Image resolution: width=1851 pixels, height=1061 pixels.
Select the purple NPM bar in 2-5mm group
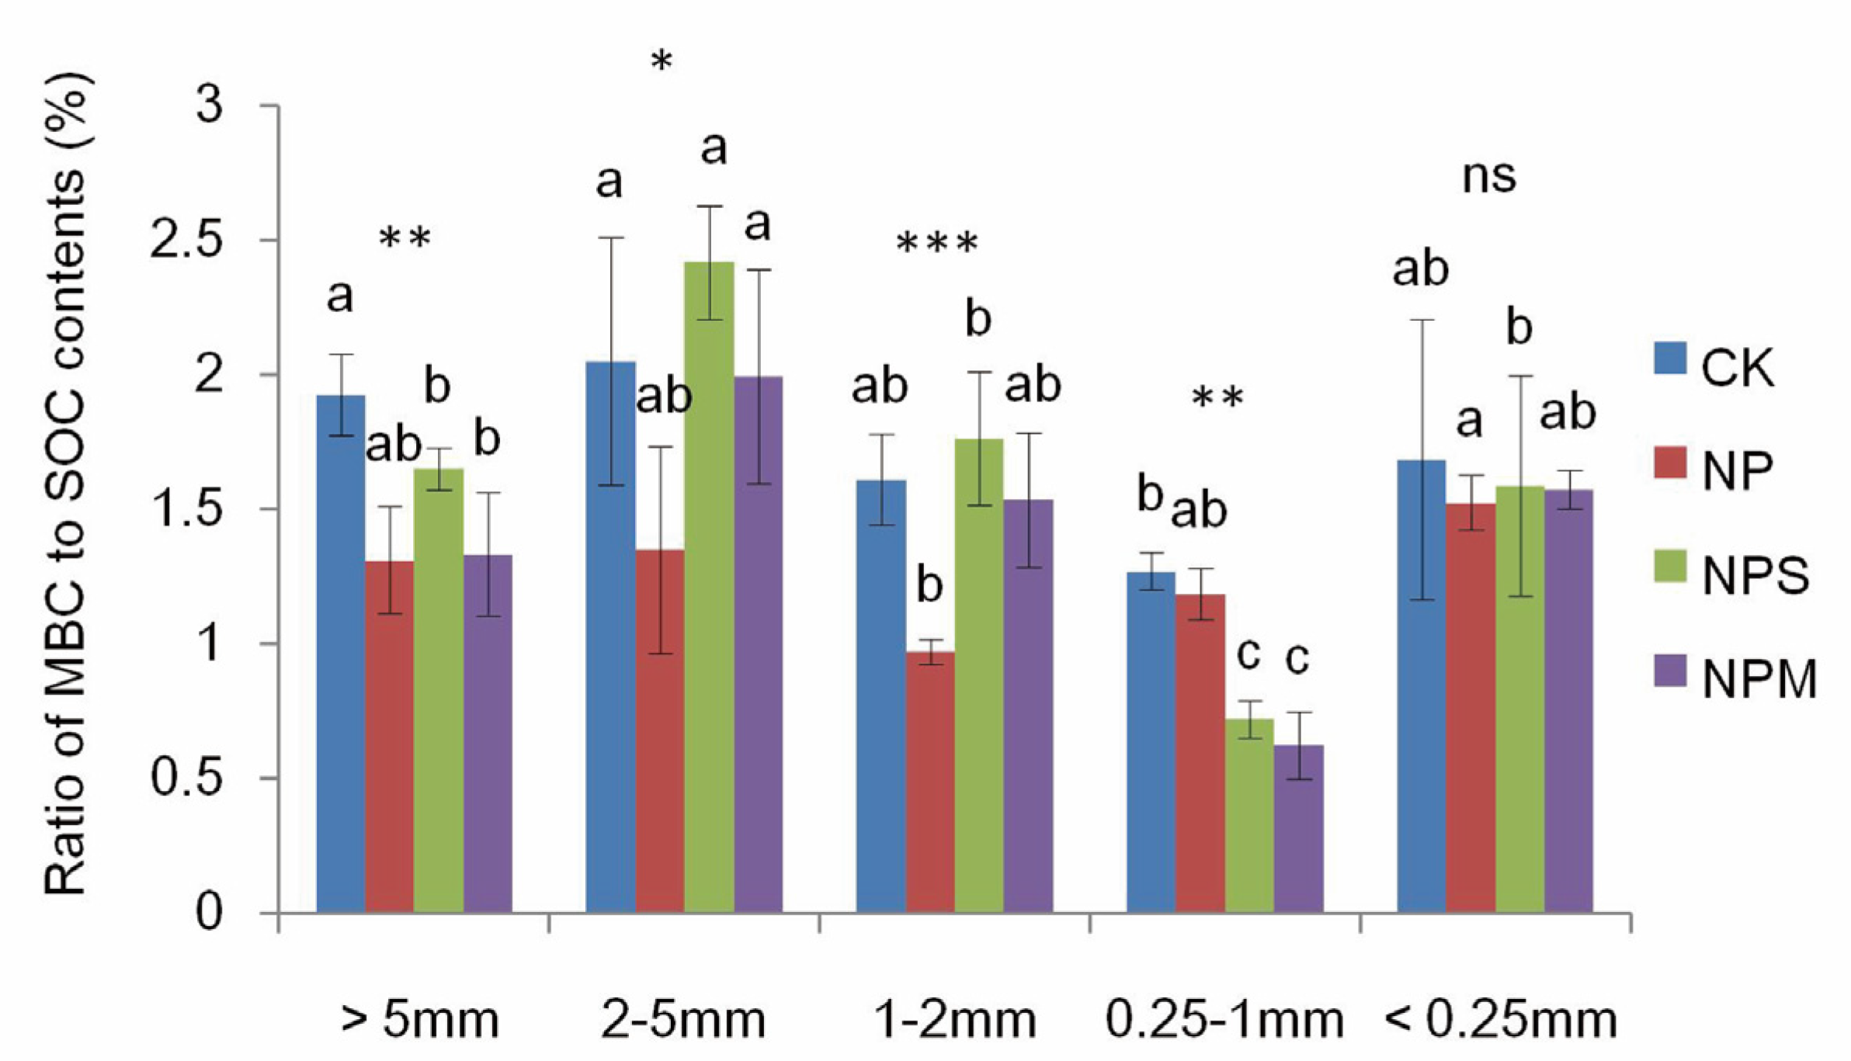tap(759, 644)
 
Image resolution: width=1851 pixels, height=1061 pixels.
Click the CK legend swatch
tap(1670, 358)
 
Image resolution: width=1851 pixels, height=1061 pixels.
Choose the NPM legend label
tap(1759, 680)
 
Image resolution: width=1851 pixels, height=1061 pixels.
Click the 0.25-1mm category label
tap(1224, 1020)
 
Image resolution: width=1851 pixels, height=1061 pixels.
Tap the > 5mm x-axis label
tap(420, 1020)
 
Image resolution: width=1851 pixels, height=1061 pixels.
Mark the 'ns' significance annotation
tap(1488, 176)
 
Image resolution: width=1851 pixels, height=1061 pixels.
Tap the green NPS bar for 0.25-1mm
tap(1249, 815)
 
